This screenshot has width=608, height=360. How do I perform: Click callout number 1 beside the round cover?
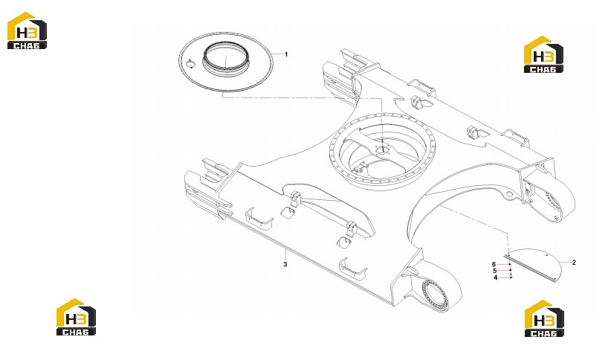click(286, 54)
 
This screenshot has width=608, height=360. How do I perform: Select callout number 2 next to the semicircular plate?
click(574, 263)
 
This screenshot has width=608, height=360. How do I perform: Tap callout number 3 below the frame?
click(285, 265)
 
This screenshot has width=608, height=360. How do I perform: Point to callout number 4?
click(496, 277)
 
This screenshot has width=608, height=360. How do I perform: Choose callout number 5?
click(495, 271)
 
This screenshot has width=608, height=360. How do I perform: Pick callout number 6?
click(494, 265)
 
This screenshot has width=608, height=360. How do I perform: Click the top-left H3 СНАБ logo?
click(28, 30)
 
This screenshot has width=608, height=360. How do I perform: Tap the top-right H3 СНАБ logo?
click(543, 55)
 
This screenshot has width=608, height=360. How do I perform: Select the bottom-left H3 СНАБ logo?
click(76, 317)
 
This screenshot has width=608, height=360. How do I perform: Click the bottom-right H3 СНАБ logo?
click(544, 318)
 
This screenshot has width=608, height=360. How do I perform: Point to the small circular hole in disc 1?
click(190, 64)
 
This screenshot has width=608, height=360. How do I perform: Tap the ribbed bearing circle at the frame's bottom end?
click(436, 293)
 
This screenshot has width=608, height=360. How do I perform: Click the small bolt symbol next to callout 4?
click(511, 277)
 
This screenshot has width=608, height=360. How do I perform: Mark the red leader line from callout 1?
click(276, 54)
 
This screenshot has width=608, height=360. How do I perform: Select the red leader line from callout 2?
click(566, 263)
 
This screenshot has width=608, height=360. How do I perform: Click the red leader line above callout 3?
click(285, 254)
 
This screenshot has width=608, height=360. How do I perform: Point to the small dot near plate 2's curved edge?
click(546, 256)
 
